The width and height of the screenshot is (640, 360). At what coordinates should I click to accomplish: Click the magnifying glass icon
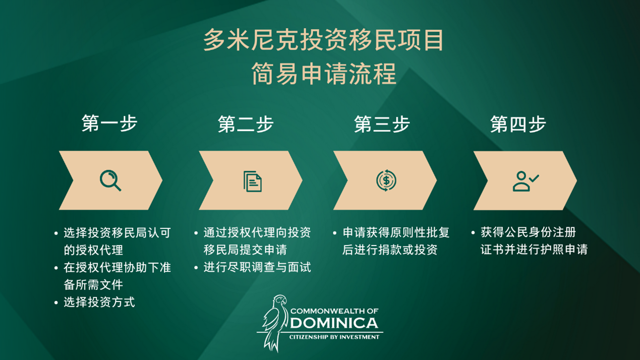click(110, 181)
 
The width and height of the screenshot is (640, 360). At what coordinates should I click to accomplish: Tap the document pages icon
click(253, 181)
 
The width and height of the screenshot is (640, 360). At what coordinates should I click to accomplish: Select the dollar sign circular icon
click(386, 181)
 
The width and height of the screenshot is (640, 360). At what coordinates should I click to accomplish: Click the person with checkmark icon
click(526, 181)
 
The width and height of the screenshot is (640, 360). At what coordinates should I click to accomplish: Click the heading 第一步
click(109, 124)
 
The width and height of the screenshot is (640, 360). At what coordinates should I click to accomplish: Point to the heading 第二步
click(246, 124)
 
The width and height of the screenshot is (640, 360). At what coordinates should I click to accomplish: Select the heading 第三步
click(382, 124)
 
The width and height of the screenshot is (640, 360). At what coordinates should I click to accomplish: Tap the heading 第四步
click(518, 124)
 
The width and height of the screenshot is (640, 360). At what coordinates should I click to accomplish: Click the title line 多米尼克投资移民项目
click(323, 40)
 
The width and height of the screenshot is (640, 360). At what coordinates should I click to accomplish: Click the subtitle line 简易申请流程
click(324, 74)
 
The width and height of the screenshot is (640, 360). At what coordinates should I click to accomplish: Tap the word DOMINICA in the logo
click(334, 323)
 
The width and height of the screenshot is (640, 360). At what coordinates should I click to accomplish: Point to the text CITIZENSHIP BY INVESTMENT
click(334, 337)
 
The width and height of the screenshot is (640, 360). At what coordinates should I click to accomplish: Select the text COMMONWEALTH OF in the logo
click(334, 311)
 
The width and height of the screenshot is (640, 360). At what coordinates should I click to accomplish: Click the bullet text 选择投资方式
click(99, 302)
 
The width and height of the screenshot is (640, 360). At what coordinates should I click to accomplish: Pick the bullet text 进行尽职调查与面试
click(257, 267)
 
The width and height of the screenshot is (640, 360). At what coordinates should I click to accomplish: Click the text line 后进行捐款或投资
click(390, 250)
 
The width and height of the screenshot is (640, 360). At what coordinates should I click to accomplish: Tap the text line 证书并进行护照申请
click(534, 250)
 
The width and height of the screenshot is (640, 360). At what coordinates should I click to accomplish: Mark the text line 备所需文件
click(93, 284)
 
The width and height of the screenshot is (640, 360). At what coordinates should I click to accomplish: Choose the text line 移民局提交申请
click(245, 250)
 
